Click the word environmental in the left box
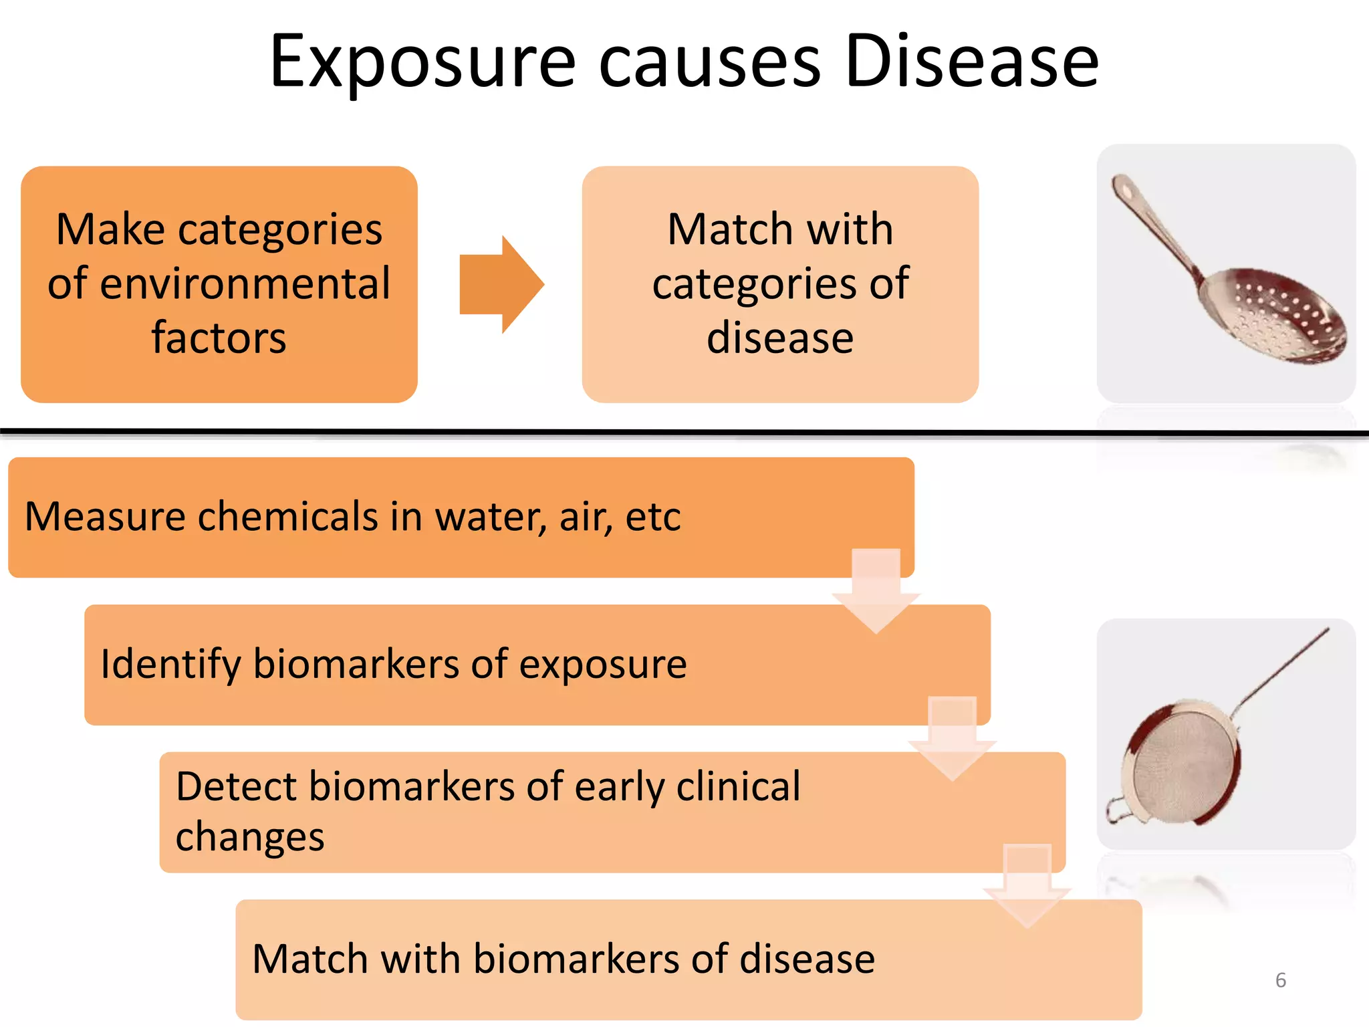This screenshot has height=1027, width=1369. (x=219, y=283)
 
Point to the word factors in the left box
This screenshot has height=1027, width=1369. (x=219, y=338)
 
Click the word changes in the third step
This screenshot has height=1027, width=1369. (x=250, y=836)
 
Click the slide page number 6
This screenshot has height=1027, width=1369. (x=1280, y=980)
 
